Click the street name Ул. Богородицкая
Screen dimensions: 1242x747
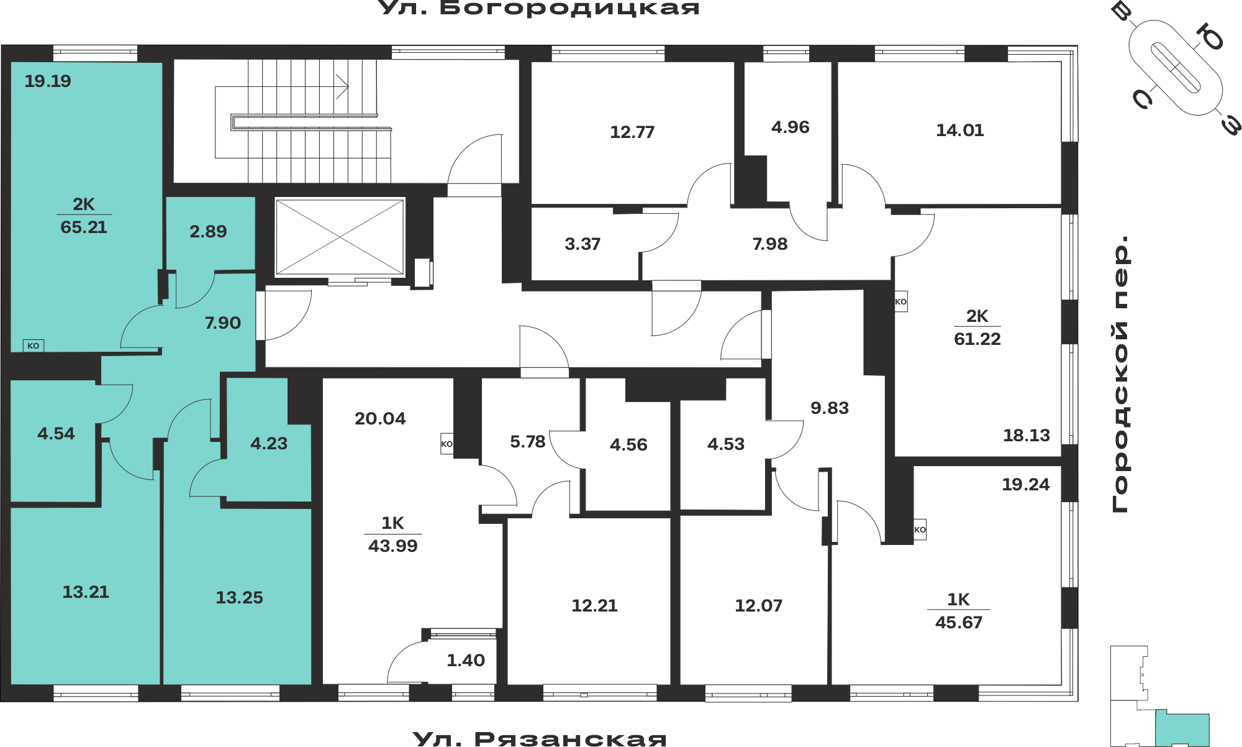pos(539,7)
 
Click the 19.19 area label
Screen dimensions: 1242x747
pos(48,81)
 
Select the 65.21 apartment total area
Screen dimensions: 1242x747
pos(84,227)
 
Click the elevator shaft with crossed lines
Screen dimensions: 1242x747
pos(340,237)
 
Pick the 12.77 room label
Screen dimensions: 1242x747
pos(632,132)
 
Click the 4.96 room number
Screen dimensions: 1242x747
pos(790,127)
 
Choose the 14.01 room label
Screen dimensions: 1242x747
pos(959,131)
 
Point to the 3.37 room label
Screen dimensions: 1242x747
pos(582,244)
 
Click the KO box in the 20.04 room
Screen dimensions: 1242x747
pos(447,444)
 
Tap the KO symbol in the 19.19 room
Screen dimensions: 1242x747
pos(34,346)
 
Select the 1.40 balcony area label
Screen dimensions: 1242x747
pos(466,661)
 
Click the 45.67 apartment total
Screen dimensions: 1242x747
pos(959,623)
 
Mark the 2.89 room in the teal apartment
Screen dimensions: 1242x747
pos(208,232)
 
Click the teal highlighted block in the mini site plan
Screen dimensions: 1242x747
pos(1182,728)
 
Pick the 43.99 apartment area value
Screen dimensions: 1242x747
pos(393,546)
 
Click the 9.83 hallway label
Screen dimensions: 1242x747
pos(830,408)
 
